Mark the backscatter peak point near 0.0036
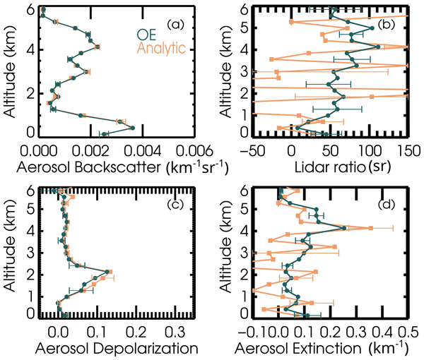click(x=133, y=128)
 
